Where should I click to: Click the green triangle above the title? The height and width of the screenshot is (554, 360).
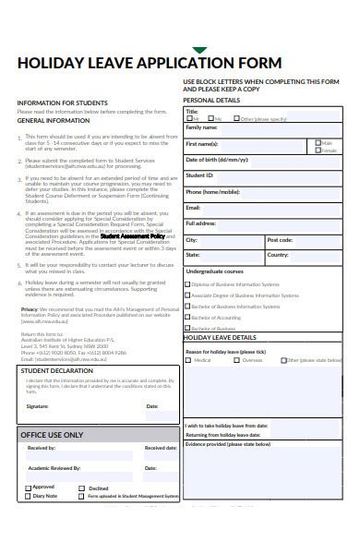pos(199,51)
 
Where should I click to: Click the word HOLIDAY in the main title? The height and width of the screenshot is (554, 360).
pos(52,64)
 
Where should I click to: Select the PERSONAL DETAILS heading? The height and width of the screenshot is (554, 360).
pos(211,100)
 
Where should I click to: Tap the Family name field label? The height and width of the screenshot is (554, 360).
pos(201,126)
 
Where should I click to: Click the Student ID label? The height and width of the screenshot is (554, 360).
pos(200,174)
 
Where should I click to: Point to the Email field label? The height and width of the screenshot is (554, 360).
pos(193,208)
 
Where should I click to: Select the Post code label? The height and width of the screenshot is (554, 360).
pos(280,239)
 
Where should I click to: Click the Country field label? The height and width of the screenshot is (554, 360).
pos(278,254)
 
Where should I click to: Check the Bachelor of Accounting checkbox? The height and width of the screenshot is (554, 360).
pos(187,317)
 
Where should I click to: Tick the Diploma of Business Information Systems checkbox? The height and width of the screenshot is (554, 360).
pos(187,284)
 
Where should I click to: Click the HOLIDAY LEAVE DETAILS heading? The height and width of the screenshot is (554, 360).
pos(221,338)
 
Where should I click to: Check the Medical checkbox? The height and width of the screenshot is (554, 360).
pos(188,360)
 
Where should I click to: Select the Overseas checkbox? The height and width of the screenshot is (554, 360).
pos(235,360)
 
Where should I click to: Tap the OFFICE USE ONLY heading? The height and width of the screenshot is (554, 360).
pos(52,435)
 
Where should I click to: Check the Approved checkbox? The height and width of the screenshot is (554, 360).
pos(29,487)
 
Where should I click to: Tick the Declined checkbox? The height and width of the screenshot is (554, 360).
pos(81,488)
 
